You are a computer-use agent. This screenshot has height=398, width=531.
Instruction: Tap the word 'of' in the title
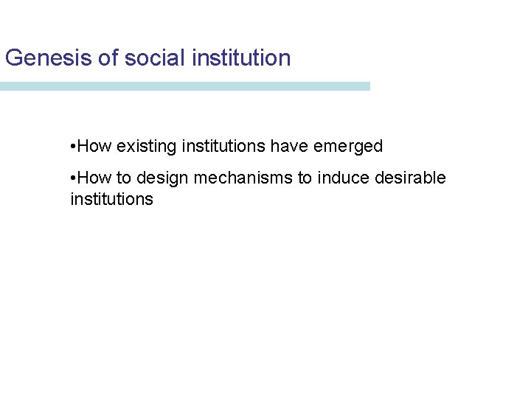coord(107,57)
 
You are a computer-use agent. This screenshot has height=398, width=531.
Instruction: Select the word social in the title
coord(153,57)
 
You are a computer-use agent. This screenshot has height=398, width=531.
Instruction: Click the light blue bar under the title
coord(184,86)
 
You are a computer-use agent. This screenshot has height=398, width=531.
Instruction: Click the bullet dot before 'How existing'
coord(73,147)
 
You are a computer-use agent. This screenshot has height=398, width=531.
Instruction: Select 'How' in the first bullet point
coord(94,147)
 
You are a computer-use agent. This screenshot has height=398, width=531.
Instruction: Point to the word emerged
coord(348,147)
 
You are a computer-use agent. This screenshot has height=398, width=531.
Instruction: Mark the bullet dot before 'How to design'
coord(73,178)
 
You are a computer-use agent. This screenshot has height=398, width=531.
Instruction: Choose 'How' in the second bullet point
coord(94,178)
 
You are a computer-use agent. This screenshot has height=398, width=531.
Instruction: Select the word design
coord(162,178)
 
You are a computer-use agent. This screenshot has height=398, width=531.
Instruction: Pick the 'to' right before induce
coord(305,178)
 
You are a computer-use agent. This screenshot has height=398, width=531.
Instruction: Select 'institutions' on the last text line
coord(111,199)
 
